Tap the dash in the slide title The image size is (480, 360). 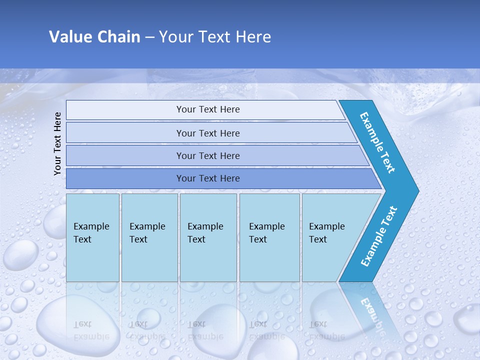149,37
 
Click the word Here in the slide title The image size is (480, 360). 253,37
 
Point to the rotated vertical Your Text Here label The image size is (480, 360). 57,143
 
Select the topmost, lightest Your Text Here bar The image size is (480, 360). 208,109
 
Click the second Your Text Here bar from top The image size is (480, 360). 208,133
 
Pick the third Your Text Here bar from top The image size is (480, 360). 208,155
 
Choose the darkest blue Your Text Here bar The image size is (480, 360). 208,178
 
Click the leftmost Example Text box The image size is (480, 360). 92,237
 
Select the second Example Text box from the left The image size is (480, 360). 149,237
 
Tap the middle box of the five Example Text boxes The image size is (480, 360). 208,237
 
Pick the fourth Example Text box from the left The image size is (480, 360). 269,237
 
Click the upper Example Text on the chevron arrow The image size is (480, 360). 377,142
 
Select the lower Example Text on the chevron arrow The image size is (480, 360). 378,236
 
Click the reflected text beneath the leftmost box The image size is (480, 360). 91,330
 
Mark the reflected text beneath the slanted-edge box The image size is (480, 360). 326,330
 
